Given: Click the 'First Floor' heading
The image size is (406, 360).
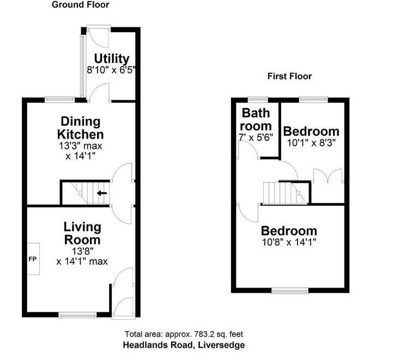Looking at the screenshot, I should click(289, 76).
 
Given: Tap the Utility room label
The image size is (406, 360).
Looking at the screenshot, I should click(111, 58).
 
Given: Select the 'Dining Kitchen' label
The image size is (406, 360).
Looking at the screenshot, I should click(82, 127).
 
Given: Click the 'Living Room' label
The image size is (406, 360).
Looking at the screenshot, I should click(82, 233).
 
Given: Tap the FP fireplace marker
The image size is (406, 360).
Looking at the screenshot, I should click(32, 259).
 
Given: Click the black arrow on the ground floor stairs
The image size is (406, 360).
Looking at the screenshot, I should click(101, 193).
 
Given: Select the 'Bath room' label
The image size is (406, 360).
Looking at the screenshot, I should click(256, 119).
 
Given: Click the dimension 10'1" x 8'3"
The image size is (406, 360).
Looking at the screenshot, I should click(311, 142).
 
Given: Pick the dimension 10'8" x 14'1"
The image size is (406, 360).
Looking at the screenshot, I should click(288, 242).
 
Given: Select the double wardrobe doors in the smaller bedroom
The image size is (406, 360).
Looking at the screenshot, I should click(328, 177).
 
